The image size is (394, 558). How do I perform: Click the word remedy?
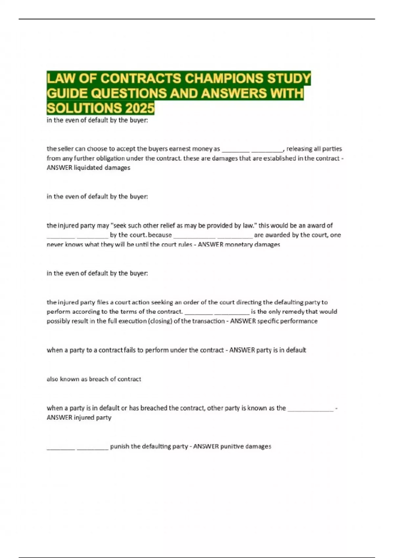point(293,311)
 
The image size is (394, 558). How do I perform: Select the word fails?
point(130,350)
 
